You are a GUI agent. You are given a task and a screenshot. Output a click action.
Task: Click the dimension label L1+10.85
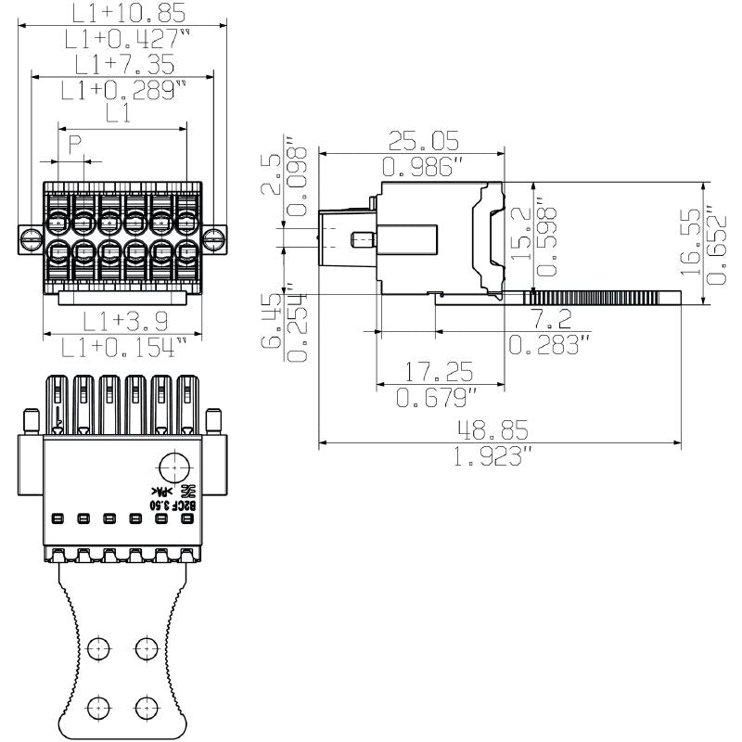[127, 12]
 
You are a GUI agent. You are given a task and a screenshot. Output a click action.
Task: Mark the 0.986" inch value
[424, 167]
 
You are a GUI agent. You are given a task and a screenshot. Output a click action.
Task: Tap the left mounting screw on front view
[30, 237]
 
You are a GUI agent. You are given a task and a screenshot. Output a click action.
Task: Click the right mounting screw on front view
[214, 237]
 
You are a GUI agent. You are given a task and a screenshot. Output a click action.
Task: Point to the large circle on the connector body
[173, 467]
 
